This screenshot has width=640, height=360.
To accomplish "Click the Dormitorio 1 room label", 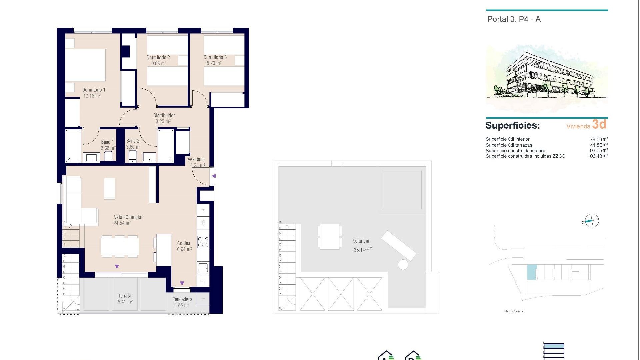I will coord(94,90).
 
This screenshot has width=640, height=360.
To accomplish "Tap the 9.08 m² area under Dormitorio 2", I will coord(159,63).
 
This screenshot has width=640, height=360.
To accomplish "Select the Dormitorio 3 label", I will coord(215,57).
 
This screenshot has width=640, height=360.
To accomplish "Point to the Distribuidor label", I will coord(164,115).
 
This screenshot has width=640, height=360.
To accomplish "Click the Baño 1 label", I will coord(107,142).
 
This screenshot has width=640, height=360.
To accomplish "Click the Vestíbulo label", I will coord(196,159).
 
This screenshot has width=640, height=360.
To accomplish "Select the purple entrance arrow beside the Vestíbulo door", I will coord(214,176).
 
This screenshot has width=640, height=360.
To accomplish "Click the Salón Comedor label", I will coord(128,217).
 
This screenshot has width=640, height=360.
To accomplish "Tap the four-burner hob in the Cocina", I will coord(203,242).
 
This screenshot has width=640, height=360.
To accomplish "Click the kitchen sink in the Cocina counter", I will coord(203,267).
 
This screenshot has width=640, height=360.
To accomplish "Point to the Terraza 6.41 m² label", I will coord(125,299).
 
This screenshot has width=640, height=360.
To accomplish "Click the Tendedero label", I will coord(182,299).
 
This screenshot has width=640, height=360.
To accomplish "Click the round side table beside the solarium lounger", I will coord(403,265).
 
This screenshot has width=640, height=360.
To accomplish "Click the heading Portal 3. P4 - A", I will coord(514,19).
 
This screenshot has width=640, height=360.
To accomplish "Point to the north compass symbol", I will coord(591,221).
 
